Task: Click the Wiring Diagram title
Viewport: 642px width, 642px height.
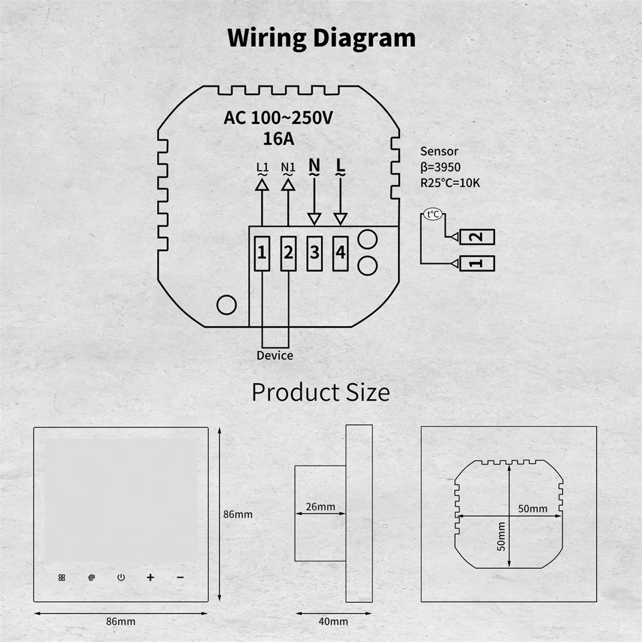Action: (x=321, y=39)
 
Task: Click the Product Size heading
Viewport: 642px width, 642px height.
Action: (x=320, y=392)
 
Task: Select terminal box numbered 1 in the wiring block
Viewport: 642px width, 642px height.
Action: (x=262, y=253)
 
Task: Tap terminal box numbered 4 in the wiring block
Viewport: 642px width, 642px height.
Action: (x=340, y=253)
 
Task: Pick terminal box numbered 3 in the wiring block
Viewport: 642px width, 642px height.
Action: (x=314, y=253)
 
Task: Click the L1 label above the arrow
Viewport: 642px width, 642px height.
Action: (x=262, y=168)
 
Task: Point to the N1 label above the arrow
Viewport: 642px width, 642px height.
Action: (x=288, y=168)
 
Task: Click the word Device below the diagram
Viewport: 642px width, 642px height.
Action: (x=275, y=355)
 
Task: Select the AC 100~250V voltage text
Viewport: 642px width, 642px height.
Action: (x=277, y=117)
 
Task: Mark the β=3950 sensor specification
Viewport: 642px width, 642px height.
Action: (x=440, y=168)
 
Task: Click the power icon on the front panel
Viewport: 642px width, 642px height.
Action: (x=121, y=577)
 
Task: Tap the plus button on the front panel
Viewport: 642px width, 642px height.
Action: (x=150, y=577)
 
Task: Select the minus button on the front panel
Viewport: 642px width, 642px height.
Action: (x=180, y=577)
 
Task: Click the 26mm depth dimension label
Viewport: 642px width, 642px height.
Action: (x=320, y=507)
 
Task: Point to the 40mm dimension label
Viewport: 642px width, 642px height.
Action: (x=333, y=621)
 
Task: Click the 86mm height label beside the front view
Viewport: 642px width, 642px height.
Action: (x=238, y=514)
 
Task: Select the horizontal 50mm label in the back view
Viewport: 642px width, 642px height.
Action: (x=533, y=508)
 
